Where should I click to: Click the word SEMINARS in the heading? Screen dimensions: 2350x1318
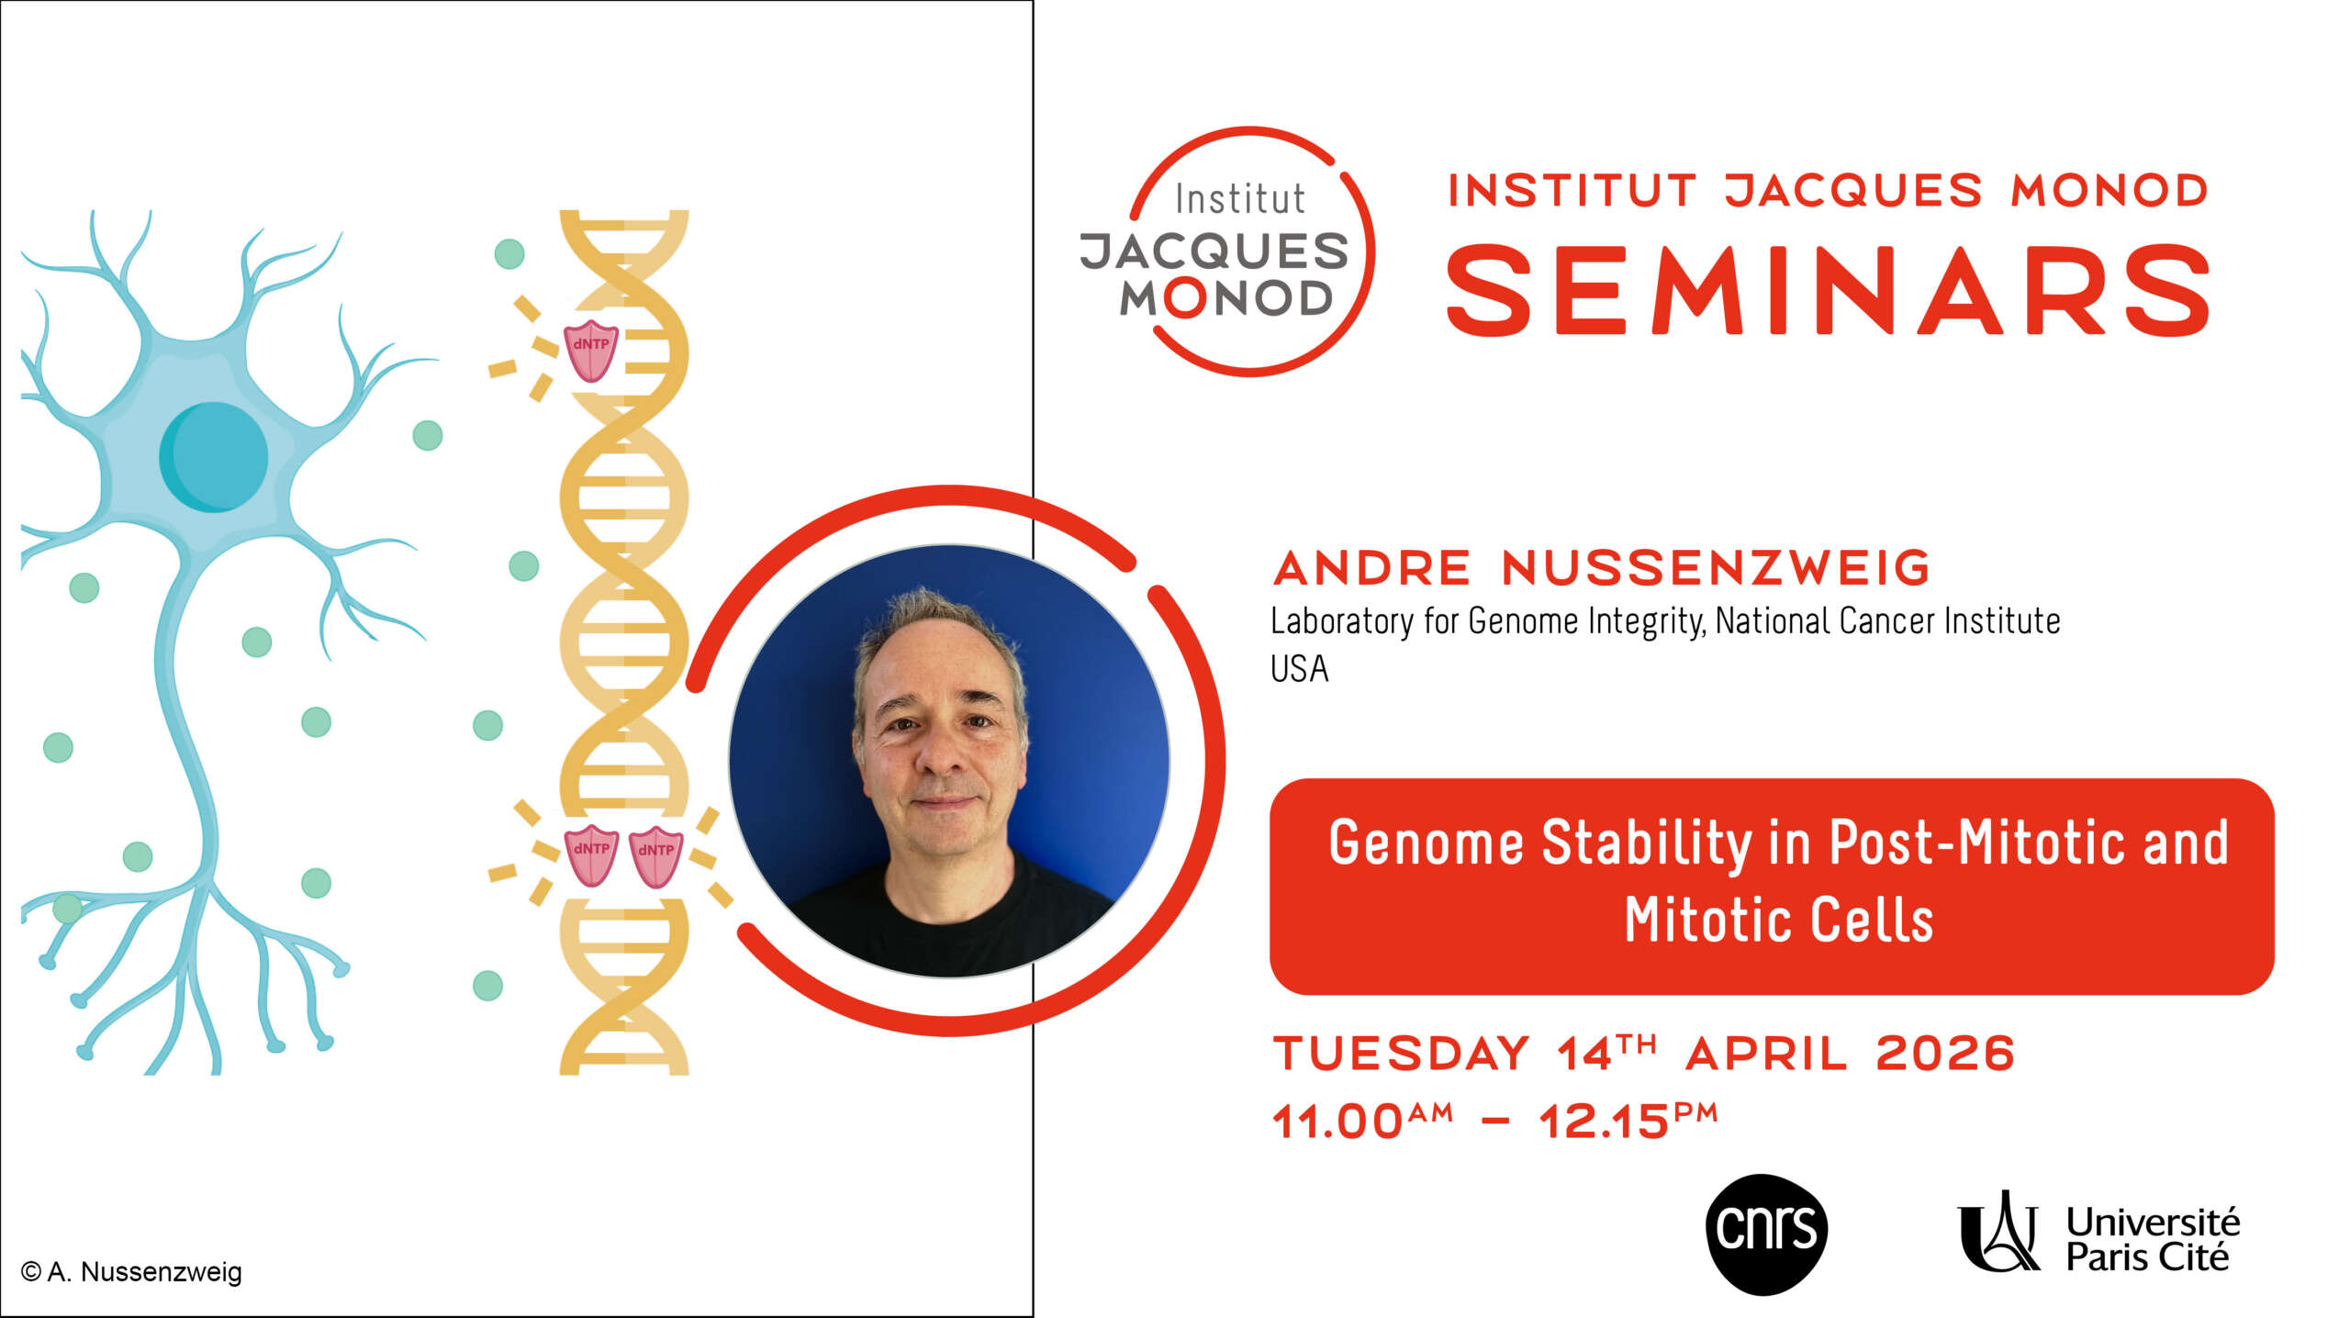(x=1828, y=290)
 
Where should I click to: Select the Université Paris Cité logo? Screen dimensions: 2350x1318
(x=2098, y=1234)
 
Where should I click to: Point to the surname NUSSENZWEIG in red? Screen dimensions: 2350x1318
(x=1716, y=567)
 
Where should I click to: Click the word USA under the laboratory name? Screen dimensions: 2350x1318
(x=1299, y=669)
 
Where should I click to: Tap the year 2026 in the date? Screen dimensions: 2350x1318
(x=1945, y=1053)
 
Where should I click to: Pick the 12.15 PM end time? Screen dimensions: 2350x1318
(x=1628, y=1120)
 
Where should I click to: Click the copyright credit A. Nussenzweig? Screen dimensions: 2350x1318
(x=131, y=1272)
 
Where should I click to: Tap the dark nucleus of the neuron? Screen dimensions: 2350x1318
(x=214, y=456)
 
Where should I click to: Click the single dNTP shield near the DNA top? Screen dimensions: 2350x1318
(x=590, y=350)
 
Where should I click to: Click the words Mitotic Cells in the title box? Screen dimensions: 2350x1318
(x=1779, y=920)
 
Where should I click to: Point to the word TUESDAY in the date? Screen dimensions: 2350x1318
(x=1401, y=1053)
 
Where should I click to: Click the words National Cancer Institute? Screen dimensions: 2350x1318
(x=1887, y=621)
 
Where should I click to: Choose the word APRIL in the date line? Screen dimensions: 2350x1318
(x=1766, y=1053)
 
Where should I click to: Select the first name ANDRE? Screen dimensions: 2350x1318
(x=1372, y=567)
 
